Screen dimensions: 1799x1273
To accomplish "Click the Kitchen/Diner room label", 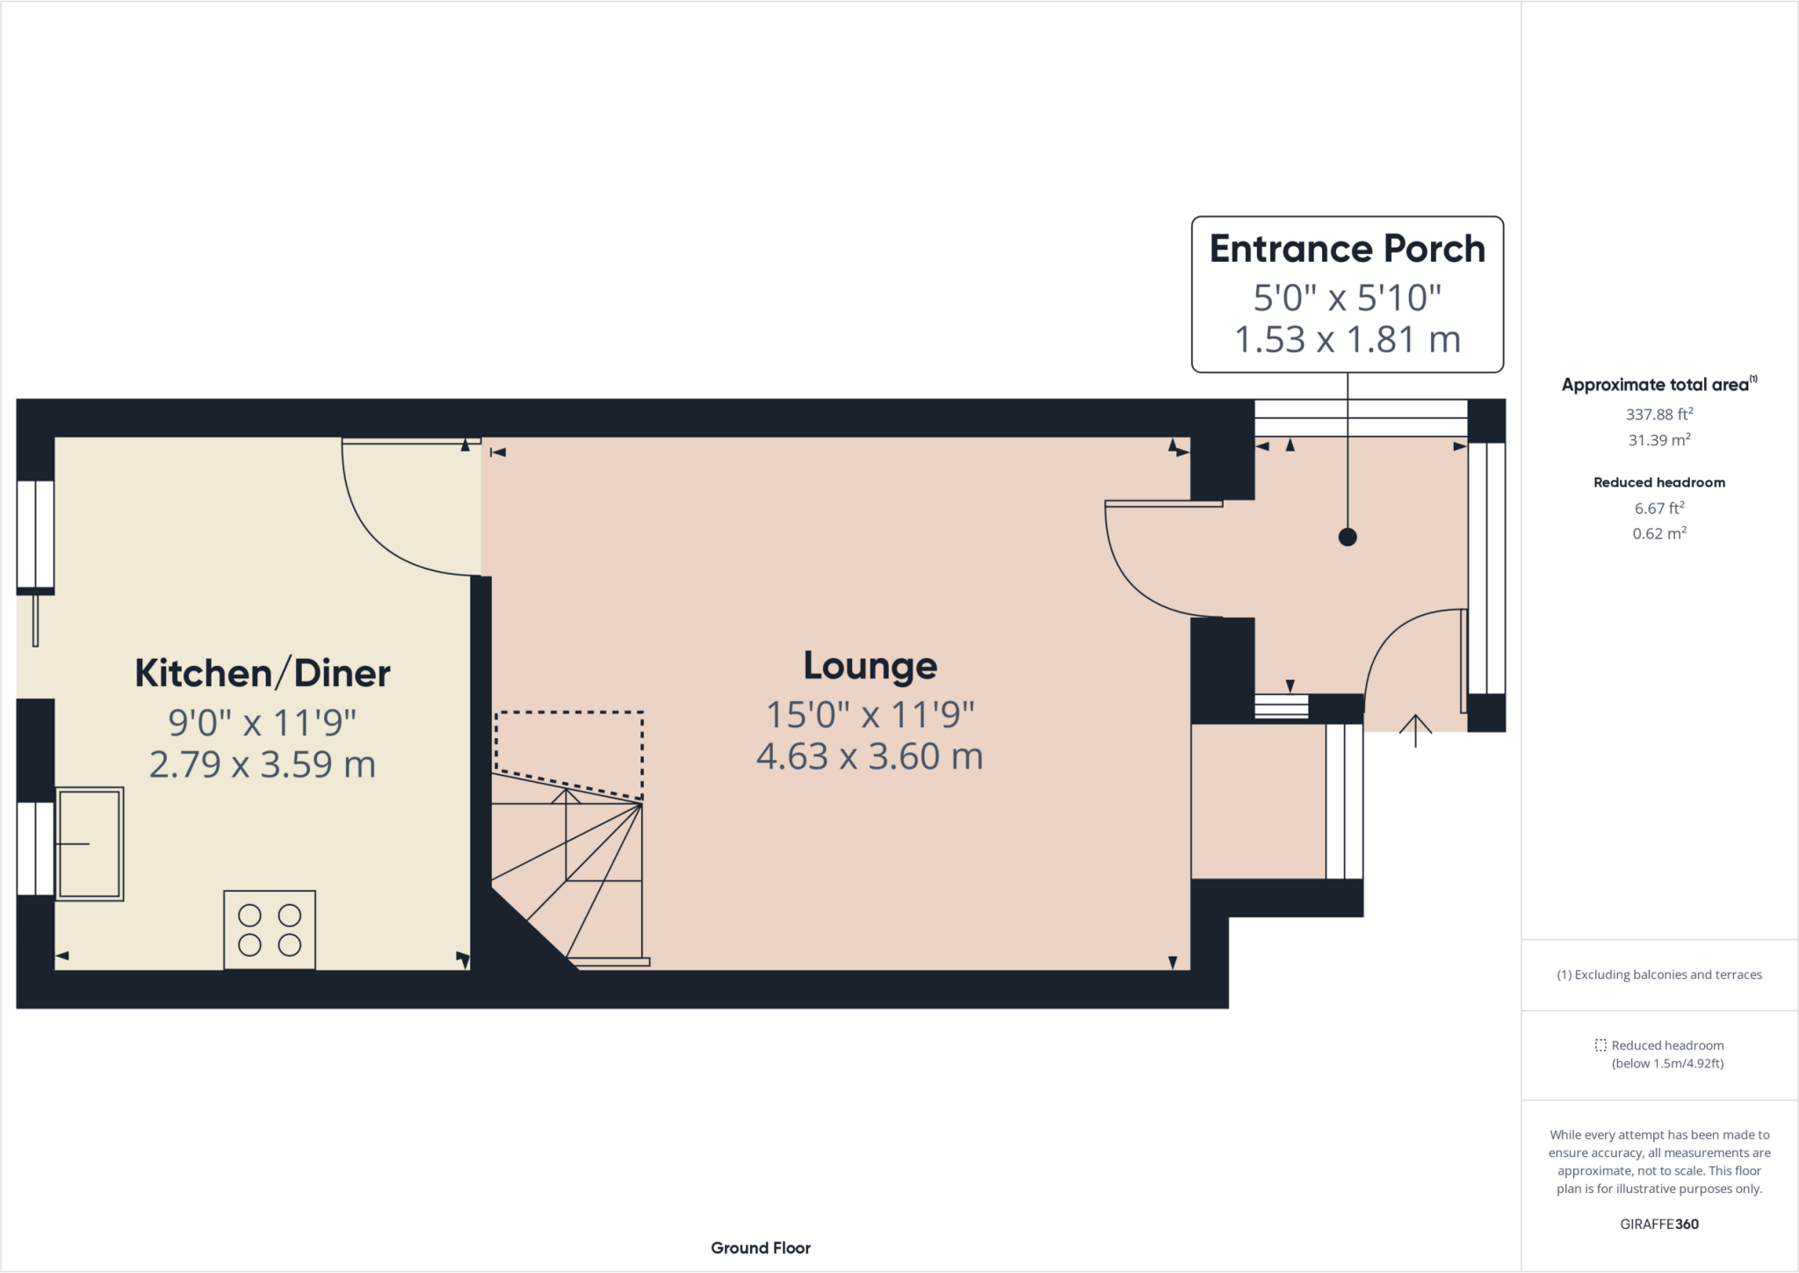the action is (263, 674).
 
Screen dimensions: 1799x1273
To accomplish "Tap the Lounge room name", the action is (871, 667).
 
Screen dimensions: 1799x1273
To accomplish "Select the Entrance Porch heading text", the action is (1347, 250).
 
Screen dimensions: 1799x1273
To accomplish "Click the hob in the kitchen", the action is (270, 929).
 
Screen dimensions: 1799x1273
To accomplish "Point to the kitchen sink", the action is (90, 843).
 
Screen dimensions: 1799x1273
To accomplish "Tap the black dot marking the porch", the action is (1347, 537).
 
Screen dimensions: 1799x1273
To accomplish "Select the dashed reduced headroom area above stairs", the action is (569, 756).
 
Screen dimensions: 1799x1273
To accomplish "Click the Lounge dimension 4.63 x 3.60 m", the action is (870, 756).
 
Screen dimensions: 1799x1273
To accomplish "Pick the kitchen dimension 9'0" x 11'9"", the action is (263, 723).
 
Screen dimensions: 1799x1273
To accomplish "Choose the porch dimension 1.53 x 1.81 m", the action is (1347, 340).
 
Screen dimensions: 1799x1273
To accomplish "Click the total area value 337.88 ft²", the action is (1659, 415).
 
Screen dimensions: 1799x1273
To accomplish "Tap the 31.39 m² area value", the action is (1659, 439).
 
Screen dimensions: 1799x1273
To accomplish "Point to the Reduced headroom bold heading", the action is (1659, 482).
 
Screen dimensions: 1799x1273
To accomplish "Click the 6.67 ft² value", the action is (1659, 508).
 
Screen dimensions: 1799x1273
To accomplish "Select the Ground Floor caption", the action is (761, 1248).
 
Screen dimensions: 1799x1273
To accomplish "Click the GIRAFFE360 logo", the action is (1659, 1224).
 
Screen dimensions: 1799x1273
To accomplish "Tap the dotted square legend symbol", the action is (1600, 1045).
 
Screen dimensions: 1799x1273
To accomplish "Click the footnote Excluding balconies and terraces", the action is (1659, 974).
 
